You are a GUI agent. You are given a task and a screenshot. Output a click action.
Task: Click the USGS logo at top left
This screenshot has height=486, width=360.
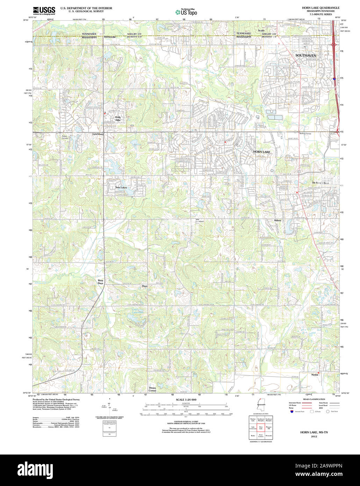point(44,10)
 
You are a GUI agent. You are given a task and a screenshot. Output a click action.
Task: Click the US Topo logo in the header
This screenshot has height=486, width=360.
point(186,12)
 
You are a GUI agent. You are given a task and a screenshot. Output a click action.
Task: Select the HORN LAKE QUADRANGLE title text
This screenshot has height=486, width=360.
point(321,8)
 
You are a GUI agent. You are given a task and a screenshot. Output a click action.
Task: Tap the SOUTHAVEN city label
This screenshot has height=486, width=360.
point(305,56)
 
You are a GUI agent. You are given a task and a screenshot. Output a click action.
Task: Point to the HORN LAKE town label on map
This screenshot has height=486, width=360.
point(261,152)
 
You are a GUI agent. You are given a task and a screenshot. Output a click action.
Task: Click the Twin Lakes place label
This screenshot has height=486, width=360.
point(121,187)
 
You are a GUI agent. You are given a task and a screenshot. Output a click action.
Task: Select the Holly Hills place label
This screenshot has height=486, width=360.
point(118,119)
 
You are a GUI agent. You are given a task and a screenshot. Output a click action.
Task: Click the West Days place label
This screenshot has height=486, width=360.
point(100,282)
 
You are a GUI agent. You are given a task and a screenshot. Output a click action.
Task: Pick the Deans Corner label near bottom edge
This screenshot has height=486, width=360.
point(152,389)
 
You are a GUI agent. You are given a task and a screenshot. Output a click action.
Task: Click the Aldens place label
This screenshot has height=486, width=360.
point(278,220)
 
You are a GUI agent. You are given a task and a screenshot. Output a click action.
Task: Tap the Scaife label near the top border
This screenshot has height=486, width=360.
point(261,31)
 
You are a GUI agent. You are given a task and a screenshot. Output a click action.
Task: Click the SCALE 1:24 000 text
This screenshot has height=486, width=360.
point(186,400)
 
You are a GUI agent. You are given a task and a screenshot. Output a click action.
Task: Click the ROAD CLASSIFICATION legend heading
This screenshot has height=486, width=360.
point(314,399)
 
